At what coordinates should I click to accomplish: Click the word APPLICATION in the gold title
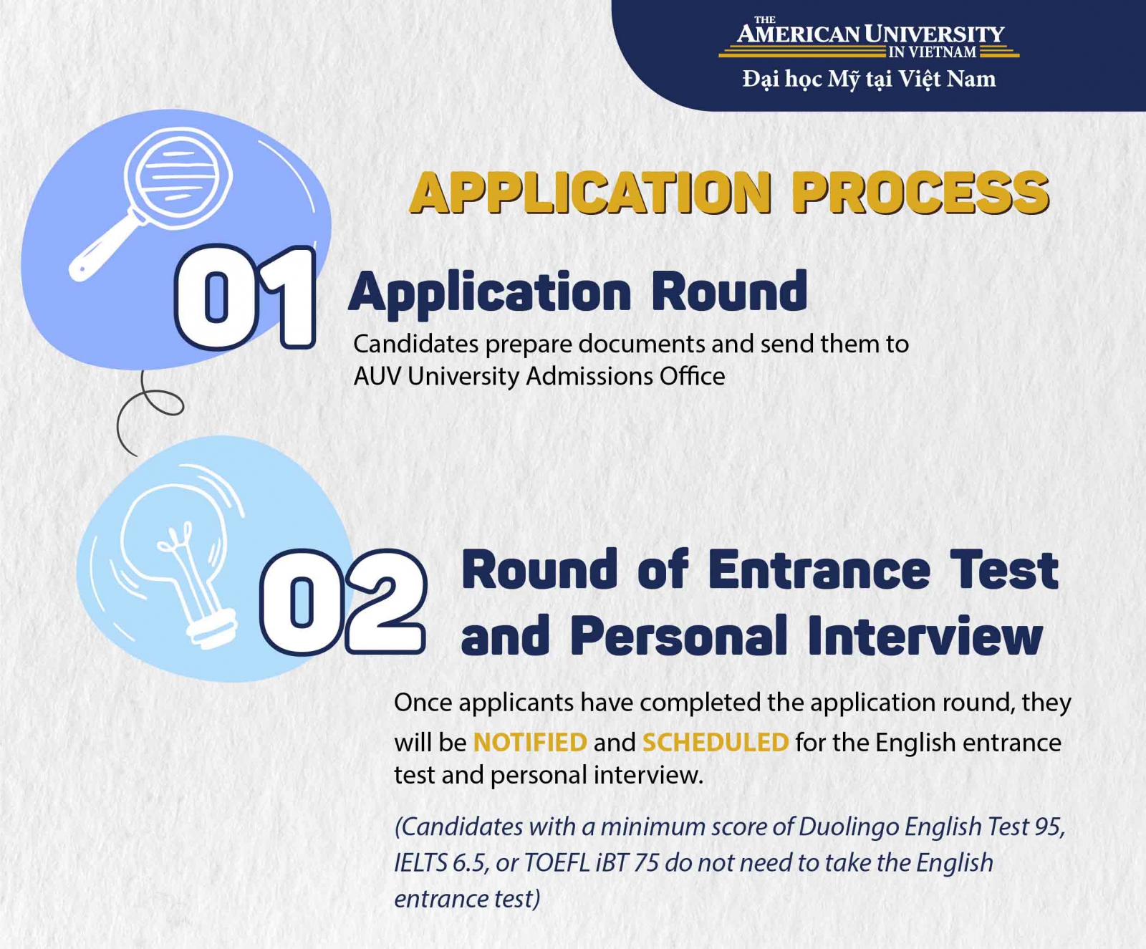[x=591, y=193]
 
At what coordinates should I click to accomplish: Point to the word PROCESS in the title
[x=920, y=193]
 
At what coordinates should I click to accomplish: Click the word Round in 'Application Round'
[x=729, y=292]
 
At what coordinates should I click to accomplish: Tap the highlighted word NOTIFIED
[x=530, y=742]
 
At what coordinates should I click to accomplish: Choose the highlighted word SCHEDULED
[x=716, y=742]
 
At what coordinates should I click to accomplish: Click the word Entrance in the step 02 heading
[x=819, y=570]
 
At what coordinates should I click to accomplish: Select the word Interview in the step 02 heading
[x=925, y=635]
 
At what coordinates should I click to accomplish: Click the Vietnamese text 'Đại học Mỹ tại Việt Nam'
[x=869, y=79]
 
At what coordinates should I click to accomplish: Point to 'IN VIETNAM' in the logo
[x=932, y=52]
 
